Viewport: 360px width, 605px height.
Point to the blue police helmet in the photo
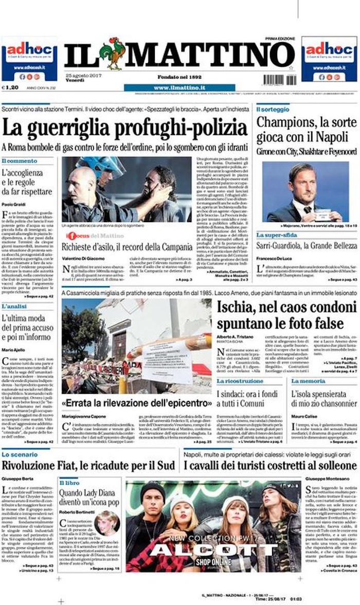102,166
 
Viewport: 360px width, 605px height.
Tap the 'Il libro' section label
69,483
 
